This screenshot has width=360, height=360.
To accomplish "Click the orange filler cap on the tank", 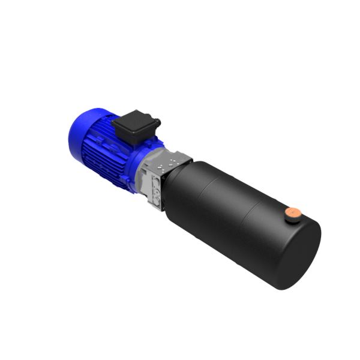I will pyautogui.click(x=293, y=212).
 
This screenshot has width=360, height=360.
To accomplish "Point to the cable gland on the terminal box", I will pyautogui.click(x=158, y=124).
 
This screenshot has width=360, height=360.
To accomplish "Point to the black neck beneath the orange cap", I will pyautogui.click(x=292, y=218).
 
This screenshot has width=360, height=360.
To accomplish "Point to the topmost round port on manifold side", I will pyautogui.click(x=154, y=180).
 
